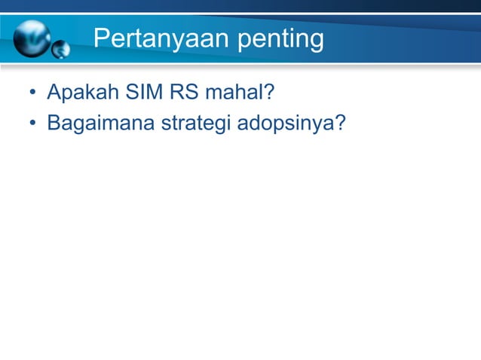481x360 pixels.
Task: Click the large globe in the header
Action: click(31, 37)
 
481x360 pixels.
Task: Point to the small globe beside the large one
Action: click(61, 50)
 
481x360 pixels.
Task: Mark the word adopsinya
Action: click(284, 122)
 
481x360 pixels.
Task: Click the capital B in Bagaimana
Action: click(54, 121)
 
